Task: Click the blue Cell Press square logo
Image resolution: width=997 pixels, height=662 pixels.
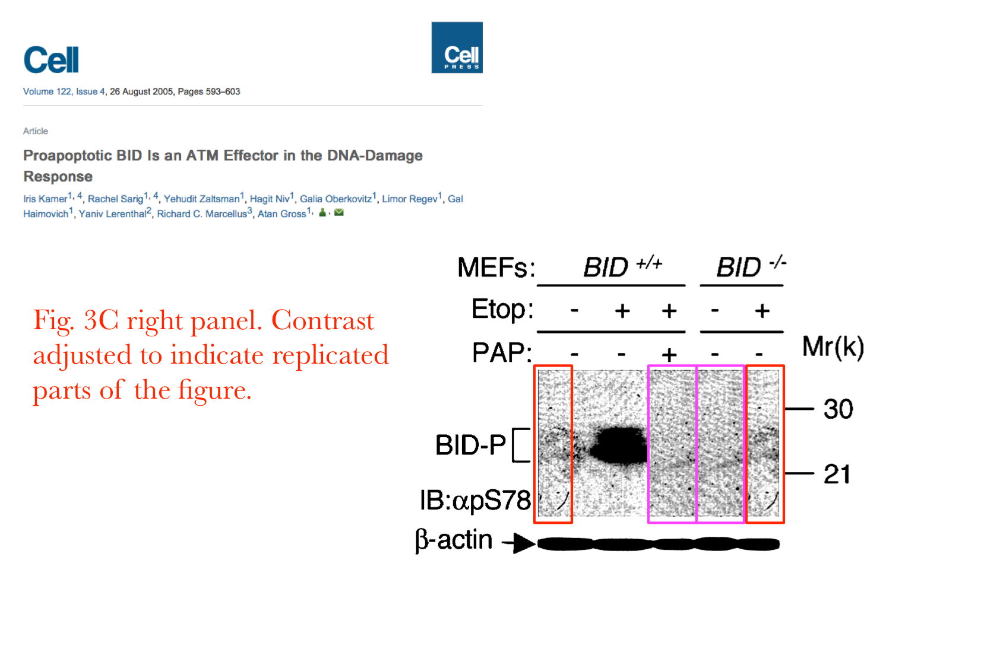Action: pos(457,47)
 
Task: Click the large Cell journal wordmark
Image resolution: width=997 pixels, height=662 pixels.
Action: pos(51,59)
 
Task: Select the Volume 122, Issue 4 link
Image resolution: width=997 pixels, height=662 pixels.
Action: pos(64,91)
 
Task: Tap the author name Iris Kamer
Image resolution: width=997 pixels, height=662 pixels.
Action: pos(45,199)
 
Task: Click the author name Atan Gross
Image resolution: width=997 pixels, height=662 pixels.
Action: pos(281,214)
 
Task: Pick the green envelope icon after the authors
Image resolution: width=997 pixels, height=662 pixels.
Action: pos(338,212)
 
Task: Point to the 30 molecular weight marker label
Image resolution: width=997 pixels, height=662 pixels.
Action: pos(838,409)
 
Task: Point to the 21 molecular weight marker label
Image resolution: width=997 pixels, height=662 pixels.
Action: pos(837,474)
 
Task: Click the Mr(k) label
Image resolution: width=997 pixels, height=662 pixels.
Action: pos(833,347)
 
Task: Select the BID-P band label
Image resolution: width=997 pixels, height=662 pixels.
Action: pos(470,444)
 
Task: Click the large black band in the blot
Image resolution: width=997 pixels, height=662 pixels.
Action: pos(619,445)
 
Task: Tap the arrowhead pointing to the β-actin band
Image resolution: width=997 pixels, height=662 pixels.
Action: pos(523,543)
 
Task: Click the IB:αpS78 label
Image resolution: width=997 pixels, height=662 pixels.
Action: pos(476,501)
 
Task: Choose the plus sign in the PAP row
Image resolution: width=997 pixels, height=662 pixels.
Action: pos(669,354)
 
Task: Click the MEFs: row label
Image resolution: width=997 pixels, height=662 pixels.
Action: pos(496,267)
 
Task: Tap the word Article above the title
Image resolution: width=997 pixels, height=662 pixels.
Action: pos(36,131)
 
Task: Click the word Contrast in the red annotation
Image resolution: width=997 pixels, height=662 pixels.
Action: pos(322,320)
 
